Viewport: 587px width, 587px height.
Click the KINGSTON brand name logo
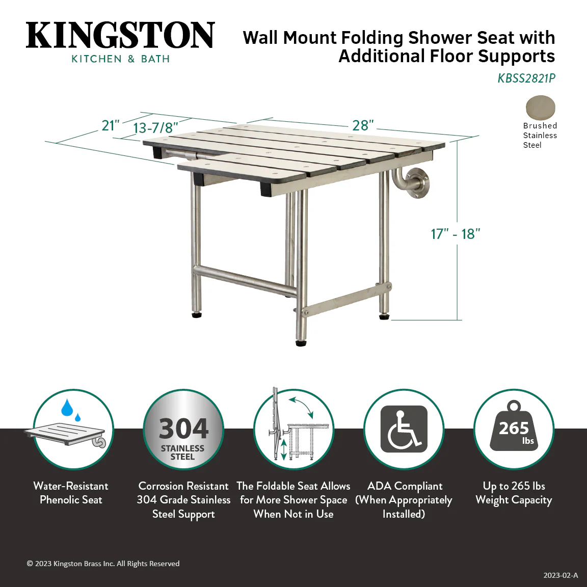120,35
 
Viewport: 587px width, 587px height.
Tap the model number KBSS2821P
526,78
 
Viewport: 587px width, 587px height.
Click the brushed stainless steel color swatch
540,108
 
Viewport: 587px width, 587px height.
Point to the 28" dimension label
363,125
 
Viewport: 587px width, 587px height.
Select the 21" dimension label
111,126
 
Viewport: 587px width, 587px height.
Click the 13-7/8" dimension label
155,128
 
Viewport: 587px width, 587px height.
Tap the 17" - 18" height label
455,234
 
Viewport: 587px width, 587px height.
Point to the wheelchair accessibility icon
404,429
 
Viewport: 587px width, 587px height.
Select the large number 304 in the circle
183,429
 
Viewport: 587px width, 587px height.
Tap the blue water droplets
70,410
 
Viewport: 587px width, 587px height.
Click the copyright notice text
103,564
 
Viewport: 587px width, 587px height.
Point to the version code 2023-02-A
561,575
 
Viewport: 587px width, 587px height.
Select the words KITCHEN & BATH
120,59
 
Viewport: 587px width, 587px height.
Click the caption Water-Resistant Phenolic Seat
71,493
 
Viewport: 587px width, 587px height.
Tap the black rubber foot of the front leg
301,343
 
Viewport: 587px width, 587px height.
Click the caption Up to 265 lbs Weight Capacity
514,493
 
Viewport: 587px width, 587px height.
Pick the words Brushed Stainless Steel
540,135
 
